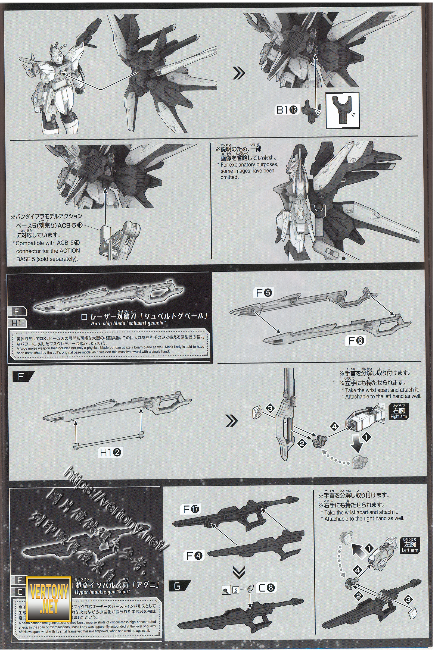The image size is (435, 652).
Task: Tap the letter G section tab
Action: (x=178, y=592)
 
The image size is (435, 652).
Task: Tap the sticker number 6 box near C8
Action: (x=235, y=588)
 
